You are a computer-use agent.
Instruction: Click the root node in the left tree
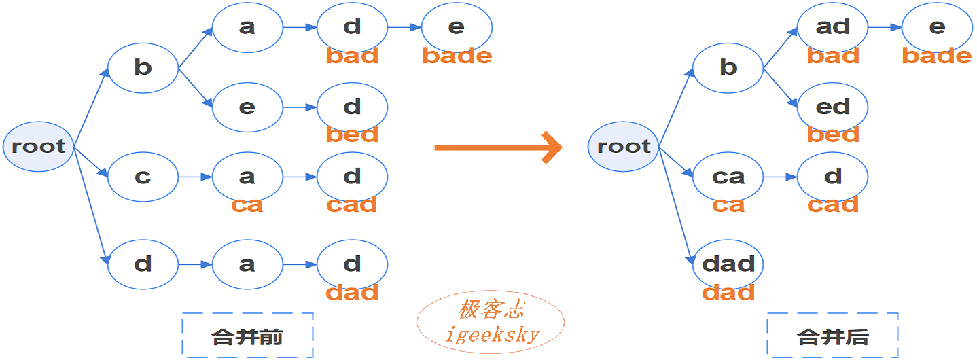(x=38, y=147)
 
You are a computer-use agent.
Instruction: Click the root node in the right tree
(x=623, y=147)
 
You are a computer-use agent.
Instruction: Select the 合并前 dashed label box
(x=247, y=336)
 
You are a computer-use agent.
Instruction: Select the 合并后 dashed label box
(x=832, y=336)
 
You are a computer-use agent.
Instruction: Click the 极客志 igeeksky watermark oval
(x=491, y=322)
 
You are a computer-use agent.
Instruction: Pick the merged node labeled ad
(x=832, y=27)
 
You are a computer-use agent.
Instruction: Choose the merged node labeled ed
(x=832, y=107)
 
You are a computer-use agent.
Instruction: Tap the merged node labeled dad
(x=728, y=264)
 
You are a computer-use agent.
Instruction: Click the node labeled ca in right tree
(x=728, y=177)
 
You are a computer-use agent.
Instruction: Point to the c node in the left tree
(x=143, y=177)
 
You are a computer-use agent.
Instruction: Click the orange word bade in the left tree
(x=457, y=56)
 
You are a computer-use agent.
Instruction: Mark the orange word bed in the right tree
(x=832, y=134)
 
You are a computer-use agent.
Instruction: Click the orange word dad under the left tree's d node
(x=352, y=293)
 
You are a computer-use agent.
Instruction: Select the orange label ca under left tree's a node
(x=247, y=204)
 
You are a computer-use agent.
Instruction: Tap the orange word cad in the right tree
(x=832, y=204)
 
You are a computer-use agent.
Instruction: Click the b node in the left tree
(x=143, y=67)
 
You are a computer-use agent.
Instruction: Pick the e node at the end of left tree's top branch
(x=457, y=27)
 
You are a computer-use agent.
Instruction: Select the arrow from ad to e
(x=885, y=28)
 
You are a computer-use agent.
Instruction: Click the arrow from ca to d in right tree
(x=780, y=177)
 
